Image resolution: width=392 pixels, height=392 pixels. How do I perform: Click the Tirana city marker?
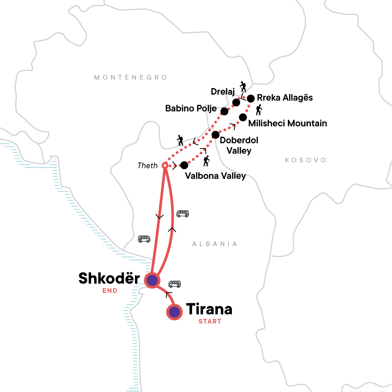174,312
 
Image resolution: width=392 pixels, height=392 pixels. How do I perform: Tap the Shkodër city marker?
152,280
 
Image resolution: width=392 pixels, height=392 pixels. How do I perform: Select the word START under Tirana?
210,321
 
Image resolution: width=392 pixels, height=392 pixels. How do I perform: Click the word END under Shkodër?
110,291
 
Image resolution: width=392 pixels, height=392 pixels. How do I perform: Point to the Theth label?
148,166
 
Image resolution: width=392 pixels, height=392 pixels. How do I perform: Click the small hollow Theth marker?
165,166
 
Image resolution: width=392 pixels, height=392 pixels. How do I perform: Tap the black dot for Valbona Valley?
184,165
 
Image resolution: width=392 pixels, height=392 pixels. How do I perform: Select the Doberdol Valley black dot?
215,135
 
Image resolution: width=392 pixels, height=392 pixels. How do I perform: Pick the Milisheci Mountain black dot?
243,117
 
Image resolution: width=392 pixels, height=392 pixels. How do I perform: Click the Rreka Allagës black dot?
251,98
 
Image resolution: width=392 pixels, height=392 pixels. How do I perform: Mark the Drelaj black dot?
236,103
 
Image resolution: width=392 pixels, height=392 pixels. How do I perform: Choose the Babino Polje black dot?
224,111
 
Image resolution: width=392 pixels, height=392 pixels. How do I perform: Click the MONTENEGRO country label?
131,77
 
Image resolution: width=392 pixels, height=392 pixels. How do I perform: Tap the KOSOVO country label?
305,160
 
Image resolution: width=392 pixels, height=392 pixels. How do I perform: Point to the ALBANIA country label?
215,244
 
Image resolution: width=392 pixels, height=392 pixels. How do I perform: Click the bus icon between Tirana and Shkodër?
174,284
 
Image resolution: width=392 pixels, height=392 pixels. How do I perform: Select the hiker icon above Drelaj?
243,87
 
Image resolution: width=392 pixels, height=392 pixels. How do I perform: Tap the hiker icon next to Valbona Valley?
206,161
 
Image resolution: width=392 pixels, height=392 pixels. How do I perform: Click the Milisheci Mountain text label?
287,123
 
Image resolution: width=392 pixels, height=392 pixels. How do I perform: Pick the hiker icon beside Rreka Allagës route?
259,110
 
